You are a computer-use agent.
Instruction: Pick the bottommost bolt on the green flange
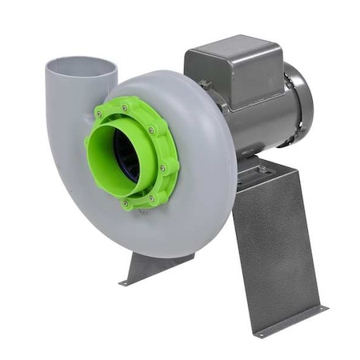tap(126, 203)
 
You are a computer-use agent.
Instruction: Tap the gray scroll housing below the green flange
tap(160, 232)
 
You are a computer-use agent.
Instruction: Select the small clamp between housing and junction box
tap(206, 83)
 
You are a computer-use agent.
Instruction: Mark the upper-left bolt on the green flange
tap(100, 115)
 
